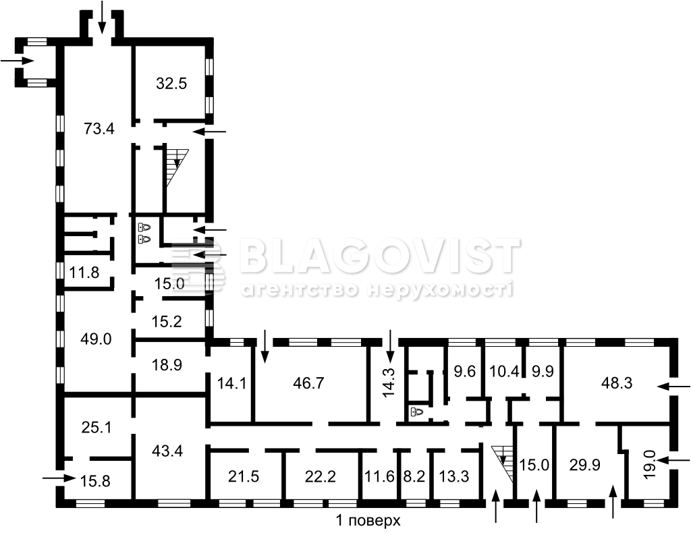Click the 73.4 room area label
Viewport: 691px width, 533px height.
(99, 129)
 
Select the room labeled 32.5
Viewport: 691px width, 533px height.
(171, 83)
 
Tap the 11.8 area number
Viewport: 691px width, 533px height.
(84, 272)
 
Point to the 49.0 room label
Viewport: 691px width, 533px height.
(96, 339)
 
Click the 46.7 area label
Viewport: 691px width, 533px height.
(308, 383)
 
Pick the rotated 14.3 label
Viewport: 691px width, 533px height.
(389, 383)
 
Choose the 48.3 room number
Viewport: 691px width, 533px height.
(617, 383)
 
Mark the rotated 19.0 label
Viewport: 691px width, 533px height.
(651, 464)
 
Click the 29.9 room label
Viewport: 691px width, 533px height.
(585, 465)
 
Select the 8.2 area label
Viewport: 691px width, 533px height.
(414, 476)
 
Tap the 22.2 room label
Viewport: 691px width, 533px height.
(321, 476)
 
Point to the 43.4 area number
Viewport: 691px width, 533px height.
(167, 451)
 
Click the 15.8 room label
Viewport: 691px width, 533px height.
(96, 480)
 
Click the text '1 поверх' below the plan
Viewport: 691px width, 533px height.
(368, 521)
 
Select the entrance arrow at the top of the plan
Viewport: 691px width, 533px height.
(102, 17)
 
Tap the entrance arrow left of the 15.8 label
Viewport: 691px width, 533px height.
(59, 478)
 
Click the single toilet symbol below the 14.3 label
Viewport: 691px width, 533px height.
(416, 412)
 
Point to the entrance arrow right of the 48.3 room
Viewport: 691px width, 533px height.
(674, 387)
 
